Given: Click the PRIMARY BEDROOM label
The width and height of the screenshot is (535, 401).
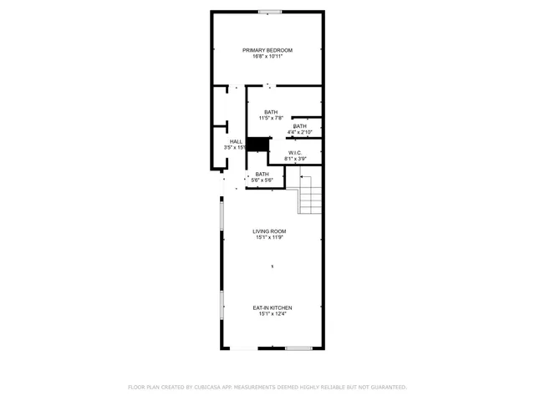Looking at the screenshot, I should tap(267, 50).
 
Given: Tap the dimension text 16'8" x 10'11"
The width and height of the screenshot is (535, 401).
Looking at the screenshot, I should tap(267, 57).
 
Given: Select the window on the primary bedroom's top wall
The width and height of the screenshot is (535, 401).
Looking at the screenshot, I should tap(269, 11).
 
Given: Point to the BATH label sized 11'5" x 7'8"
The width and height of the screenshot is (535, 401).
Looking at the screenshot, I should tap(271, 112).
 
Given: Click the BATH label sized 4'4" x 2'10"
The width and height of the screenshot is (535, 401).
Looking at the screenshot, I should tap(300, 126).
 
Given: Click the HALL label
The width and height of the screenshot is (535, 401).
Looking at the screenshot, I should tap(236, 142).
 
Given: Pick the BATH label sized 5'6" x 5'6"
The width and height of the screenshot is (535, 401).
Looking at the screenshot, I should tap(262, 174).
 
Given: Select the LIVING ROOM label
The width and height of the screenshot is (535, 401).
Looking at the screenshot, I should tap(270, 231).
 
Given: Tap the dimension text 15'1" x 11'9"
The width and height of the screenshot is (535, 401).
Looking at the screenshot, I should tap(270, 238).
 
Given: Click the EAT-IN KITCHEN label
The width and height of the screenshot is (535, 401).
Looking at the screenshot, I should tap(273, 308).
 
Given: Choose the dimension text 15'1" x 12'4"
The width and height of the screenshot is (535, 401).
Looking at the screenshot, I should tap(273, 315).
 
